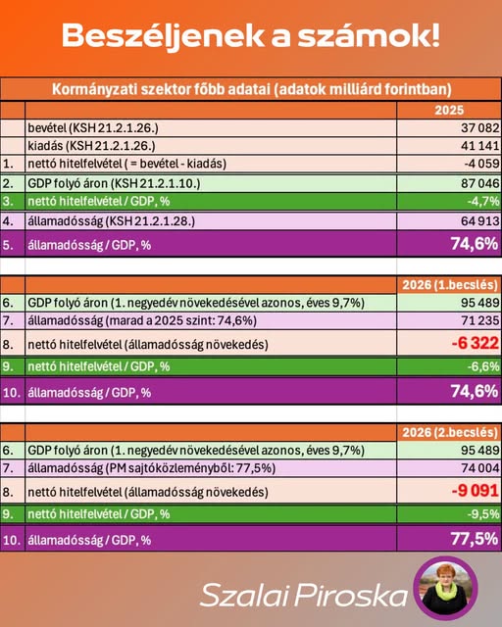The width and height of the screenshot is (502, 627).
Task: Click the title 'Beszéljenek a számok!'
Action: pos(251,36)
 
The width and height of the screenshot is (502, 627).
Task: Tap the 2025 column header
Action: pos(449,110)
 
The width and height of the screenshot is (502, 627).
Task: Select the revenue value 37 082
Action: pos(480,128)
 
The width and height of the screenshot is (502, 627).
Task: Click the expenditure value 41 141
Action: pos(480,146)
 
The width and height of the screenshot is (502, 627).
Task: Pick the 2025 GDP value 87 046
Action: pos(480,183)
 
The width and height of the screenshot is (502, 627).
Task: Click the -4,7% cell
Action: pos(482,201)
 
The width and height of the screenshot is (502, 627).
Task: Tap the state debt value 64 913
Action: pos(480,220)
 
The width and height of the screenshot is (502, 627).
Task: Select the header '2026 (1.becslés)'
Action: pos(450,285)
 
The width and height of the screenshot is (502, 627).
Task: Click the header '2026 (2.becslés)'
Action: pos(450,432)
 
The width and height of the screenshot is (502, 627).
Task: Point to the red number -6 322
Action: pos(476,343)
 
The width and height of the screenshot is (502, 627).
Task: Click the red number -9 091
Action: pos(476,491)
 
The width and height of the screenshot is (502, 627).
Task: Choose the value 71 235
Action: pos(480,320)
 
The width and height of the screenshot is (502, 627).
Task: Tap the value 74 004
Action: pos(480,468)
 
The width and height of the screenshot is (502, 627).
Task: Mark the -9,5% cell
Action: pos(482,513)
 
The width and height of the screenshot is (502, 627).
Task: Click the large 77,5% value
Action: pos(475,539)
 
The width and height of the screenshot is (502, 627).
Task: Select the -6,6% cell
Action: pos(482,366)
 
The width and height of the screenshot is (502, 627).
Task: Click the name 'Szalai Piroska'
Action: pos(303,595)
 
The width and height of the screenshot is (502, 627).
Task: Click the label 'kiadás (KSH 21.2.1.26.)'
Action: pos(91,146)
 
